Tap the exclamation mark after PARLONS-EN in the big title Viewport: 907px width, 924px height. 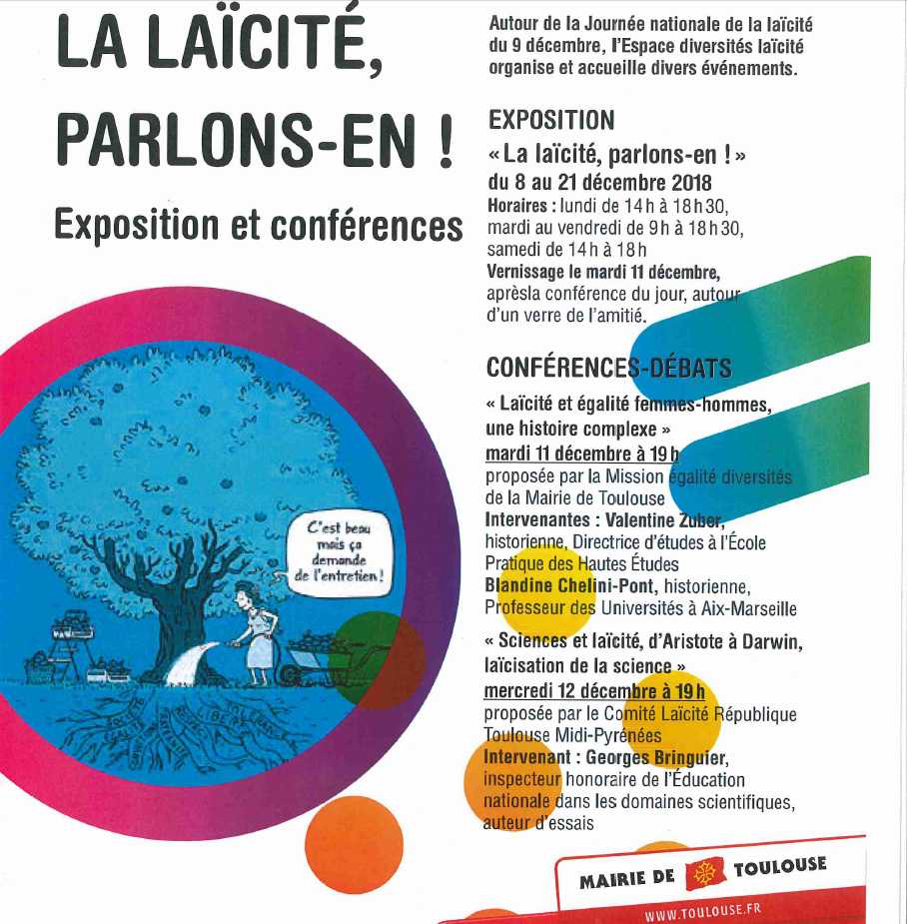pyautogui.click(x=444, y=144)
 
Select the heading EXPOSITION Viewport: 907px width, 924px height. pyautogui.click(x=551, y=121)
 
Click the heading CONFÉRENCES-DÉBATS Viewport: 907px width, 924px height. pyautogui.click(x=608, y=368)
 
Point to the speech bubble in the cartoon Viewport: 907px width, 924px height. pyautogui.click(x=339, y=556)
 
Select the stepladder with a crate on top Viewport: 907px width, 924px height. pyautogui.click(x=69, y=649)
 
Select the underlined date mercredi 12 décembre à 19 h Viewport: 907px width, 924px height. pyautogui.click(x=594, y=691)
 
